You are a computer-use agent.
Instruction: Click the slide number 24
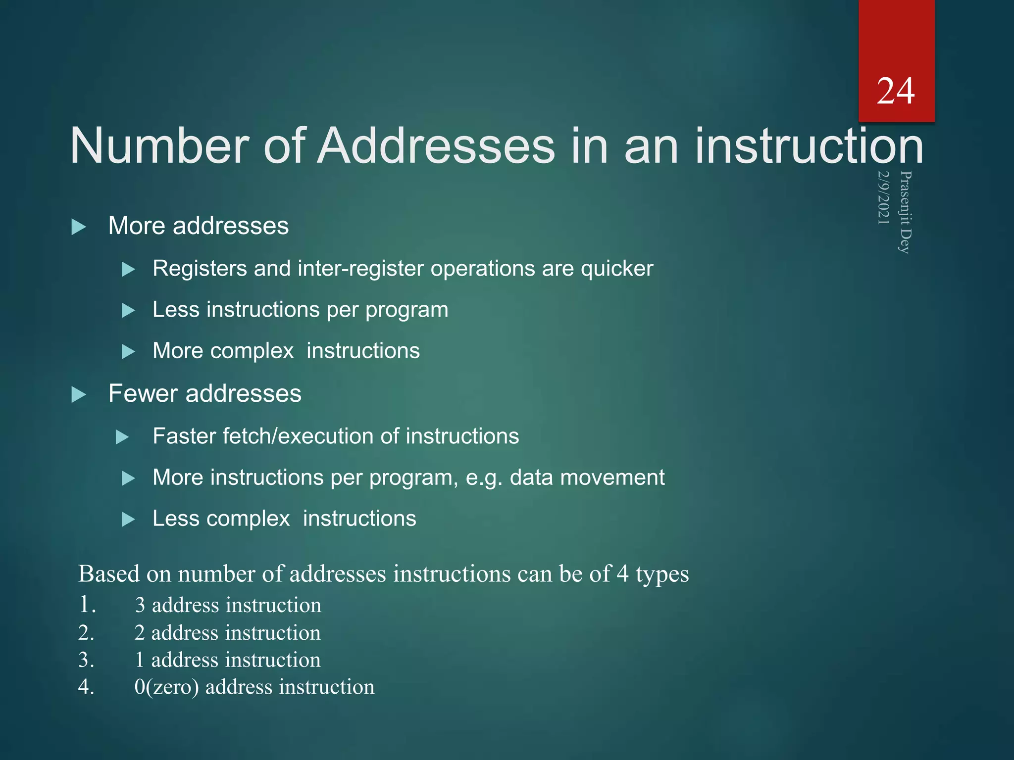(x=895, y=92)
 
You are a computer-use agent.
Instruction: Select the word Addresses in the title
(x=436, y=146)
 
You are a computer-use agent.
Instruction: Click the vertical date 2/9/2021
(x=883, y=197)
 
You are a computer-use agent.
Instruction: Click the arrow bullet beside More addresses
(x=79, y=227)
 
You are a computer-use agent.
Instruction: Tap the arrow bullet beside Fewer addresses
(x=79, y=395)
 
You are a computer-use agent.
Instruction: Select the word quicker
(x=616, y=269)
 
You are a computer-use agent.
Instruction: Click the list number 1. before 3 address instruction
(x=87, y=605)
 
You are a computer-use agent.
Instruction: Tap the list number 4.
(x=86, y=687)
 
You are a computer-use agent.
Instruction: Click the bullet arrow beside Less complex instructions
(x=128, y=520)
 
